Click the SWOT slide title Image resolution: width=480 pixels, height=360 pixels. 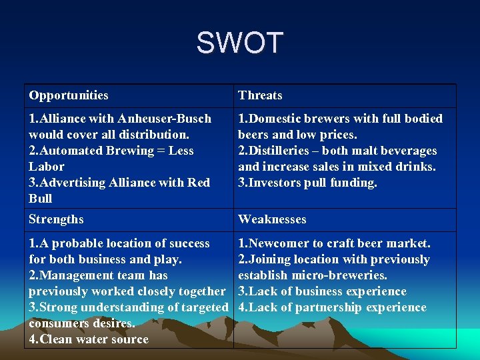point(239,43)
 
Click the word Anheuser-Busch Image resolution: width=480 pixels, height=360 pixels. point(165,119)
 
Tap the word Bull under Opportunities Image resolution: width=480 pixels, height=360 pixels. point(41,199)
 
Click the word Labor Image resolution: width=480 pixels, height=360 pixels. point(47,167)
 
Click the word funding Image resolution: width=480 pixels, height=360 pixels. point(354,183)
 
